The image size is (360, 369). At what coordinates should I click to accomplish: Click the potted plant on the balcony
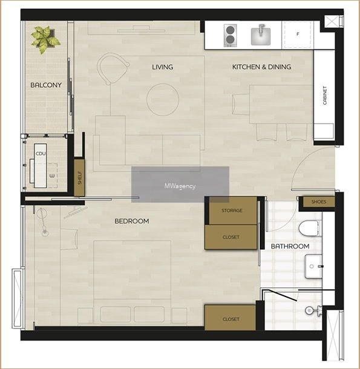pos(45,39)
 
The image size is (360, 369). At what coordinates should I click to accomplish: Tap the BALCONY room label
pos(46,85)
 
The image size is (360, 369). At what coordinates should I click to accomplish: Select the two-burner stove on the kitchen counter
pos(229,36)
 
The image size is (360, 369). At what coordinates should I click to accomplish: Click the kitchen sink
pos(260,36)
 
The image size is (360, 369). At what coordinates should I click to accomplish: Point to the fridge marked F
pos(298,35)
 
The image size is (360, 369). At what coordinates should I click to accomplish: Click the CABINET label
pos(325,96)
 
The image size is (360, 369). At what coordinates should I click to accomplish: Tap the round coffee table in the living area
pos(163,100)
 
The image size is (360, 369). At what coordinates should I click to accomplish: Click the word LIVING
pos(163,67)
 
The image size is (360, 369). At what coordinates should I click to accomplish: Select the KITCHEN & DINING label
pos(261,67)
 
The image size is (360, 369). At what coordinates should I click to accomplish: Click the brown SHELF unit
pos(79,178)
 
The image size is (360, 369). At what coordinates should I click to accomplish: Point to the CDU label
pos(41,154)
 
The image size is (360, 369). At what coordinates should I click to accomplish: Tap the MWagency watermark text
pos(180,186)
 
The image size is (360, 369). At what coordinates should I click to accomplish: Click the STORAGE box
pos(232,211)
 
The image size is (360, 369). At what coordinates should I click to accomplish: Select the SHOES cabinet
pos(319,201)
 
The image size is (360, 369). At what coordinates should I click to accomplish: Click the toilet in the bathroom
pos(309,228)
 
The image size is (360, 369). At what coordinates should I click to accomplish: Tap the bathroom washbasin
pos(313,266)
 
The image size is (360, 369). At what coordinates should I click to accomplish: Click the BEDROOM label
pos(132,221)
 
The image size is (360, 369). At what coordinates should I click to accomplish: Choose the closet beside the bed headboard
pos(230,318)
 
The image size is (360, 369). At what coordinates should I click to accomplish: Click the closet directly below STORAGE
pos(231,237)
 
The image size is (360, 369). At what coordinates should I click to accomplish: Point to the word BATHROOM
pos(290,246)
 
